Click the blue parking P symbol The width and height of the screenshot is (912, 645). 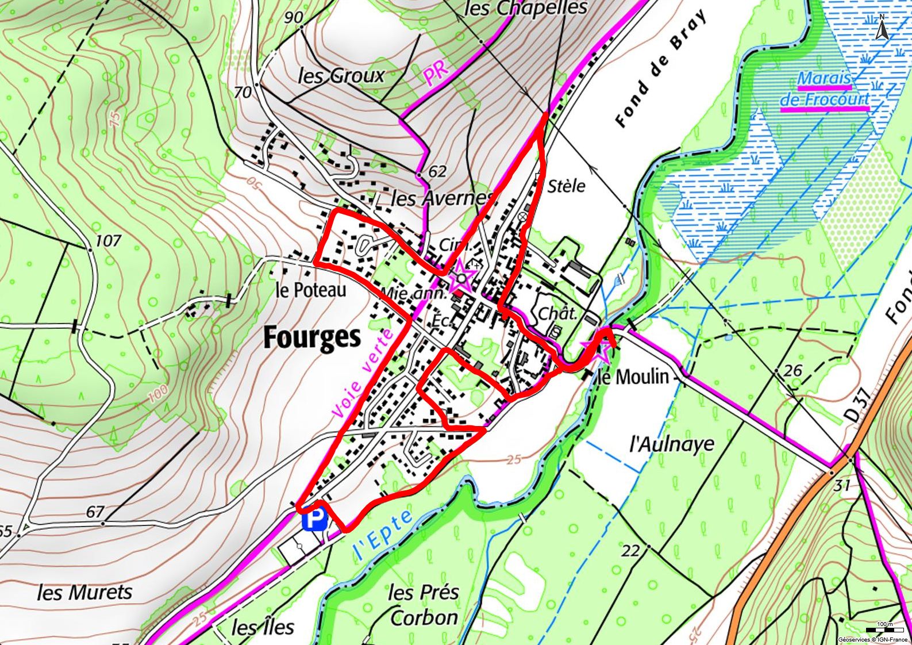point(314,521)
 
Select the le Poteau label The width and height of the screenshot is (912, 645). point(311,290)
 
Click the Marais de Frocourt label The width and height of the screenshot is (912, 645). point(825,89)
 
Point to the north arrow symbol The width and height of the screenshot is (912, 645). point(882,28)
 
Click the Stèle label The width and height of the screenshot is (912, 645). point(566,186)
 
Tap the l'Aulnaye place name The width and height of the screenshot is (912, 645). point(672,444)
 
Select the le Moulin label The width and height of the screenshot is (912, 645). point(634,377)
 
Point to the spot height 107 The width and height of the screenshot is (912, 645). point(107,240)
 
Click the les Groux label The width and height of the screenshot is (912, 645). point(341,75)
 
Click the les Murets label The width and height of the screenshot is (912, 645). point(84,592)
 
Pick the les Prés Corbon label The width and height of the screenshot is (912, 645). point(424,605)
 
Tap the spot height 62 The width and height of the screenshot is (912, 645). point(437,171)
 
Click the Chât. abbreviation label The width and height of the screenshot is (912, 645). point(557,314)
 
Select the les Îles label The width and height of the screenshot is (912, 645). point(263,627)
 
